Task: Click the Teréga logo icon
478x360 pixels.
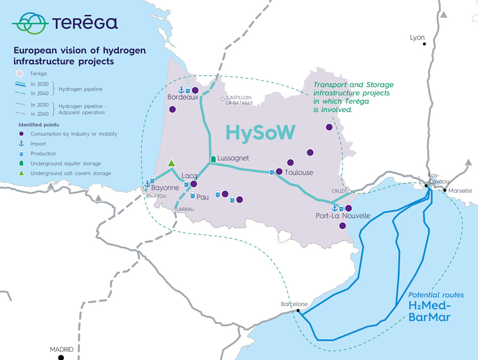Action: tap(30, 23)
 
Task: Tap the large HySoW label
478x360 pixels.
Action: tap(260, 132)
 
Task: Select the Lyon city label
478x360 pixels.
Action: tap(417, 38)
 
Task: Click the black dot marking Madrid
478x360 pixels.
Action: tap(61, 357)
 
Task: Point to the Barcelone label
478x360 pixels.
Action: tap(294, 304)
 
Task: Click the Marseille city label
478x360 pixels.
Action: tap(460, 191)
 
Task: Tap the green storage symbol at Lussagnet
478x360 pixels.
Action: tap(213, 158)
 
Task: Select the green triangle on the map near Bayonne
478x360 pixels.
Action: tap(172, 163)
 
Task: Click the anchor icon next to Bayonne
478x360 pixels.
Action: tap(147, 184)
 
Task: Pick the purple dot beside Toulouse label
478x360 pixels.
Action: tap(279, 171)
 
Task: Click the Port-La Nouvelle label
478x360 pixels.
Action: tap(343, 216)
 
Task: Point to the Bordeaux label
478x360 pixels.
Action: tap(183, 97)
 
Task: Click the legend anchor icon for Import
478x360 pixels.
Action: tap(21, 144)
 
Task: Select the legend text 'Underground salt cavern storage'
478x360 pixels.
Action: tap(70, 173)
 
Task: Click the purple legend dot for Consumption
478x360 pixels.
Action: tap(21, 134)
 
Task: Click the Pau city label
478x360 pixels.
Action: tap(202, 197)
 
